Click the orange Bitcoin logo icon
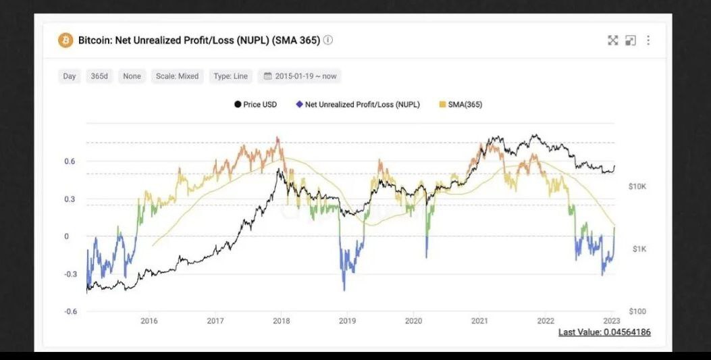pos(65,41)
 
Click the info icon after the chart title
pos(328,40)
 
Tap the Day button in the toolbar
pos(70,76)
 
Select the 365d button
pos(99,76)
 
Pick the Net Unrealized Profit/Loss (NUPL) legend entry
pos(358,105)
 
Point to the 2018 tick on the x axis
pos(281,322)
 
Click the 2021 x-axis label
pos(479,322)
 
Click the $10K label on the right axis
pos(637,186)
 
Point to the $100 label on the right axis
pos(637,311)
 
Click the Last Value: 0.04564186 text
pos(604,332)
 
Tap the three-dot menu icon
pos(648,41)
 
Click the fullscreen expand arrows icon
pos(612,41)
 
